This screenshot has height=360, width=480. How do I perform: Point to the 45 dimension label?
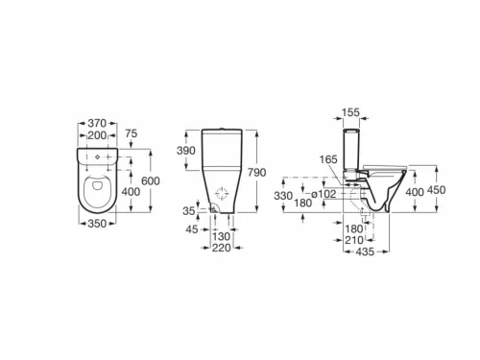point(193,228)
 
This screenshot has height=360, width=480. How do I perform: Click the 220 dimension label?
point(222,247)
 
